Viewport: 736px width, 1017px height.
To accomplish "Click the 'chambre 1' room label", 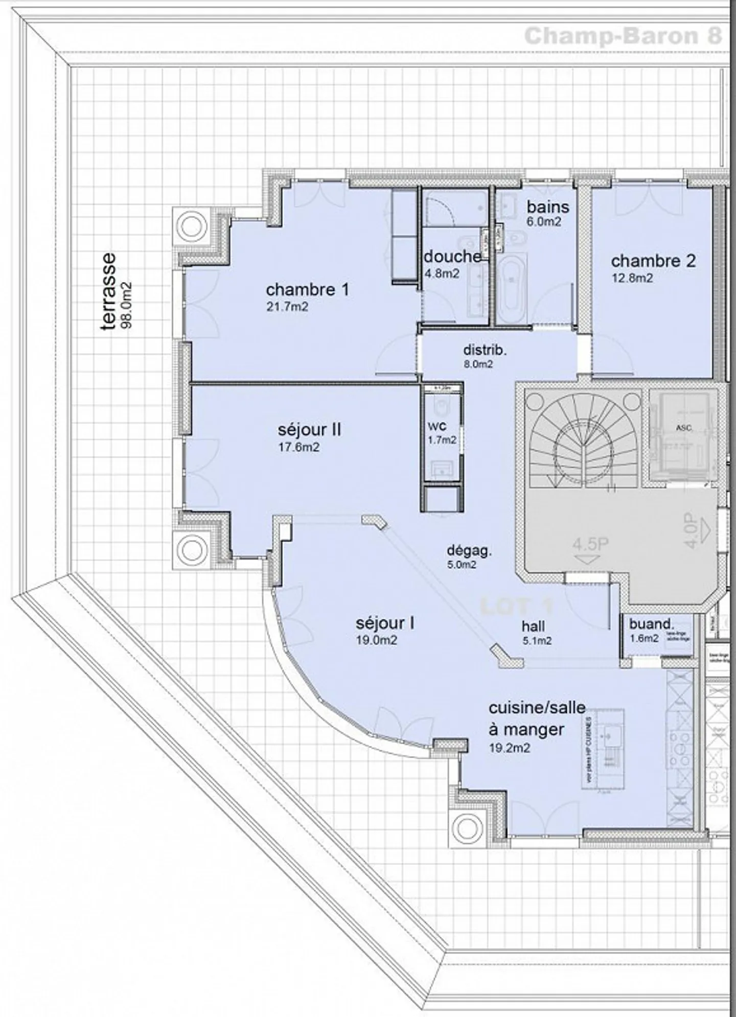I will click(x=307, y=290).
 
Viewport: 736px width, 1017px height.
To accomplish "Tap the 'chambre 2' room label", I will click(x=653, y=261).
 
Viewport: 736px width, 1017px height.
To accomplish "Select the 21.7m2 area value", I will click(x=287, y=307).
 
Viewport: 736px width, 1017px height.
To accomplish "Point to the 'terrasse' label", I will click(x=108, y=291).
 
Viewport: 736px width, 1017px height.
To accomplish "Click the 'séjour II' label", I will click(x=309, y=429).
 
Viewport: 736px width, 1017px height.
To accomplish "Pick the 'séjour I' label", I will click(x=384, y=623).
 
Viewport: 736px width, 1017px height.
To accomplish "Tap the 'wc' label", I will click(x=436, y=426).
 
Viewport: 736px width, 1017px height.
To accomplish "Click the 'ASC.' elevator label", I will click(x=684, y=427).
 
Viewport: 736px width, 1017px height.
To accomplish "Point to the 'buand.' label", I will click(x=652, y=623).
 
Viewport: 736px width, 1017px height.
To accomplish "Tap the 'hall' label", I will click(x=533, y=626).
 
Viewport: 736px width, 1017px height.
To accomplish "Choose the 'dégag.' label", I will click(x=469, y=550).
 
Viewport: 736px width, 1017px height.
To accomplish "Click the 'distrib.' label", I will click(x=485, y=350).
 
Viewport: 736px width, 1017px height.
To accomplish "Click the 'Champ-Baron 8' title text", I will click(x=623, y=36).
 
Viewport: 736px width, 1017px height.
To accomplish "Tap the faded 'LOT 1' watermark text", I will click(x=516, y=607).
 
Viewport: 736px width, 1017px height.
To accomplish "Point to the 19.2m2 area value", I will click(x=509, y=748).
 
